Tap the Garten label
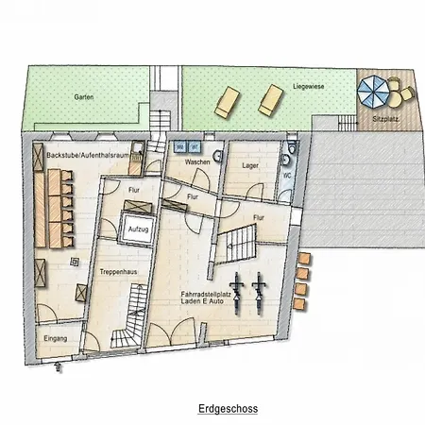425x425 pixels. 83,96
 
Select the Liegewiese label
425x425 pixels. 309,85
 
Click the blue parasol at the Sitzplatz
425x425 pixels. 374,92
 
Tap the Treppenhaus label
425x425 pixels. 117,271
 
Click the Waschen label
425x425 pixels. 197,162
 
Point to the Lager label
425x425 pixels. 249,165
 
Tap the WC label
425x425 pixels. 285,176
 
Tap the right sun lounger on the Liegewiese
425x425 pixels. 271,96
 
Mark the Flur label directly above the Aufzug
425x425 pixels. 134,191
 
